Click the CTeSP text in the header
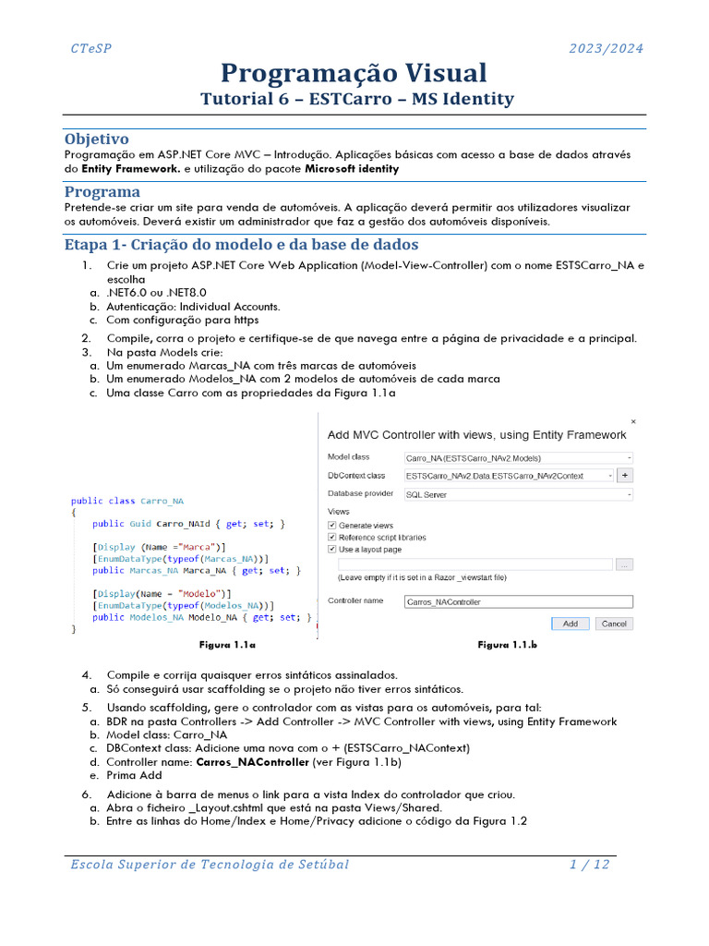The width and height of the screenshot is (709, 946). [x=90, y=49]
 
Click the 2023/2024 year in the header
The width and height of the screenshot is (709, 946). [x=606, y=49]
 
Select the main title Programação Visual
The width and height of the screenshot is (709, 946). [x=354, y=73]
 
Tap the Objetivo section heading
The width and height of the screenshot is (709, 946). [x=96, y=139]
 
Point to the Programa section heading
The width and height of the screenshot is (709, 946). [x=102, y=192]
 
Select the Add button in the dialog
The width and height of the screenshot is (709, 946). [x=571, y=624]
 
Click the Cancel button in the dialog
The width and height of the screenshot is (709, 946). [x=614, y=624]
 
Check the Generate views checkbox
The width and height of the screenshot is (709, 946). [x=332, y=525]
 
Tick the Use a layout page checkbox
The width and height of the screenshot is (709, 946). [x=332, y=549]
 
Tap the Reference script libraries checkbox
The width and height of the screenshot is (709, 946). [x=332, y=537]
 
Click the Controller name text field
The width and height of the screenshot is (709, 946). [x=518, y=601]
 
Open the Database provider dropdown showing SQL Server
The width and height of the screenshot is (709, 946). [x=518, y=494]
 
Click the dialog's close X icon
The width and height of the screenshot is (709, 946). [x=632, y=420]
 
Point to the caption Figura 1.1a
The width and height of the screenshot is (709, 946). [x=227, y=644]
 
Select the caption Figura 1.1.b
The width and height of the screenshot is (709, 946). [x=507, y=645]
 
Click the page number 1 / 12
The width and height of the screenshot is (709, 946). [x=588, y=865]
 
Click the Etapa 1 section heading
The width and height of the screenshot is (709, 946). [x=241, y=245]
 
